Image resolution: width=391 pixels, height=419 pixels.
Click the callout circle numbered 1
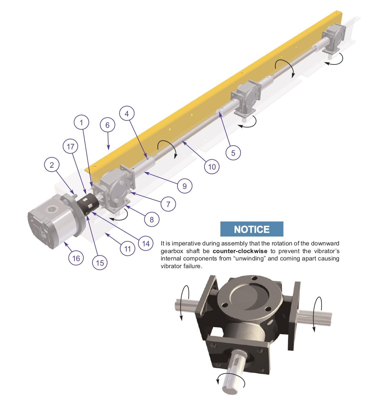pos(81,122)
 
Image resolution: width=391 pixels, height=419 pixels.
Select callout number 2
pos(52,165)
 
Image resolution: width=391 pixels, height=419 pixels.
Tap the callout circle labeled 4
pos(127,114)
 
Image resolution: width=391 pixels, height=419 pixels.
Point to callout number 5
pos(233,153)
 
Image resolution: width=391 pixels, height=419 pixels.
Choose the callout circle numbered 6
pos(108,125)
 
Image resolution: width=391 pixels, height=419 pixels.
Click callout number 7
pos(168,204)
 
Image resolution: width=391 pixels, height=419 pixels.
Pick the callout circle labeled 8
pos(152,219)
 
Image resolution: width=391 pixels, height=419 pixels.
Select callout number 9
pos(184,186)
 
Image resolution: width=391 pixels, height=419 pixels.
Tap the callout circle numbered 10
pos(212,167)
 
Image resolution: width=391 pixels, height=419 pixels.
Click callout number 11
pos(127,249)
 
